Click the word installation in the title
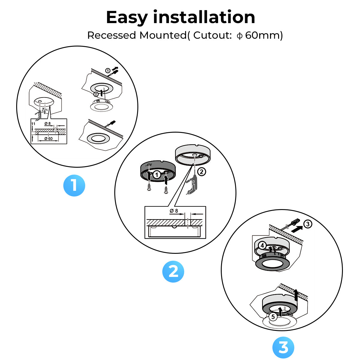(204, 17)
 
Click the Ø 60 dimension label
(48, 139)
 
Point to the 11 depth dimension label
(33, 124)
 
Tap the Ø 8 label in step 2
(174, 211)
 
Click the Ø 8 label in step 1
(47, 124)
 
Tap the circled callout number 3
(307, 224)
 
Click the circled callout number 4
(262, 245)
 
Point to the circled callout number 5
(272, 316)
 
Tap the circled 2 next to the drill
(202, 172)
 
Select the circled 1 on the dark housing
(156, 174)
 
